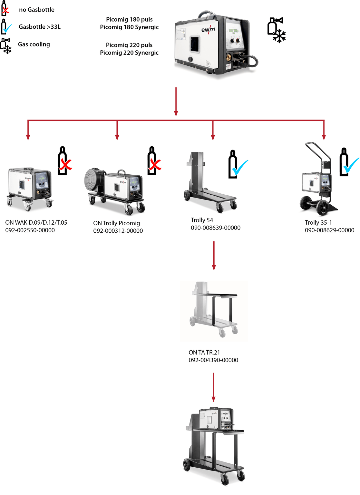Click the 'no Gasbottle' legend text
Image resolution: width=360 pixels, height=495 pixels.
click(x=37, y=10)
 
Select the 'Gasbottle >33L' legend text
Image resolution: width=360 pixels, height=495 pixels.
click(x=40, y=27)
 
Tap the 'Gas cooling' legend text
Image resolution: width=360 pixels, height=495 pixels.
click(x=34, y=44)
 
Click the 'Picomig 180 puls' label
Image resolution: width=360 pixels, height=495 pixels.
click(x=129, y=19)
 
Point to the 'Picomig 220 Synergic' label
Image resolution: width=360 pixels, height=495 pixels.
click(x=129, y=53)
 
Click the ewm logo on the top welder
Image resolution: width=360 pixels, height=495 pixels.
click(x=208, y=30)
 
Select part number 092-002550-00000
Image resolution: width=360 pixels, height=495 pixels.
click(x=30, y=230)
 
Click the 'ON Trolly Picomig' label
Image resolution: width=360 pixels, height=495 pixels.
click(x=117, y=223)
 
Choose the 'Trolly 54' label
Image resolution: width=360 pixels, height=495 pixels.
click(x=202, y=220)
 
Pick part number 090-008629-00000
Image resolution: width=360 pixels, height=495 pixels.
click(x=329, y=230)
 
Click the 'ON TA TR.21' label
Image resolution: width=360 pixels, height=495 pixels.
click(x=204, y=352)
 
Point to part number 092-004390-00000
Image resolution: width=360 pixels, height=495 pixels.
click(x=213, y=360)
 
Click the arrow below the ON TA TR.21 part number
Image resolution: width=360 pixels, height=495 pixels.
click(x=213, y=387)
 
